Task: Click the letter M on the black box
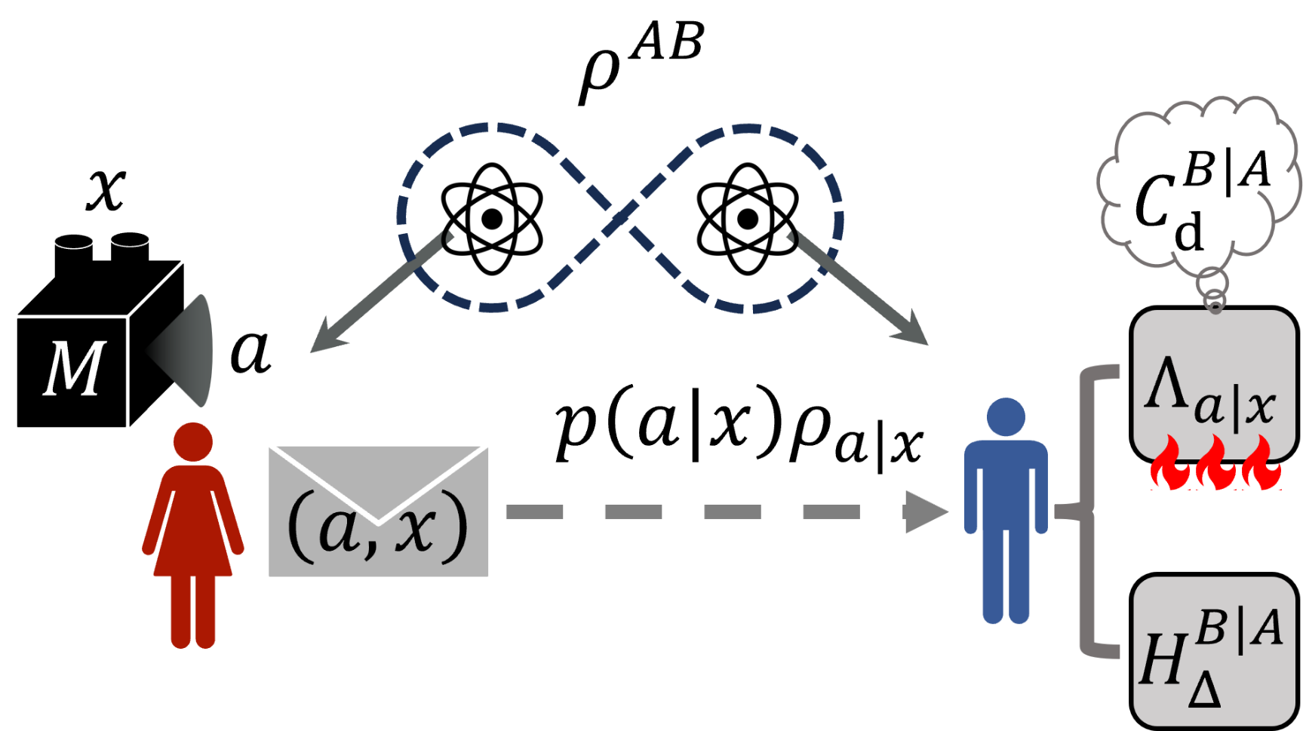pos(73,368)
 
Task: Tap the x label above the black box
pos(106,189)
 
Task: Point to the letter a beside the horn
pos(250,352)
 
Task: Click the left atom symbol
pos(492,219)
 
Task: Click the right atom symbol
pos(747,219)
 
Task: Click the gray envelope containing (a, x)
pos(378,511)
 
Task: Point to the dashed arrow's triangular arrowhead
pos(924,511)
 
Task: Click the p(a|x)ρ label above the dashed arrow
pos(739,430)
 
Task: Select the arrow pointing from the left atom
pos(377,294)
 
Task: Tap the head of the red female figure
pos(193,441)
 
